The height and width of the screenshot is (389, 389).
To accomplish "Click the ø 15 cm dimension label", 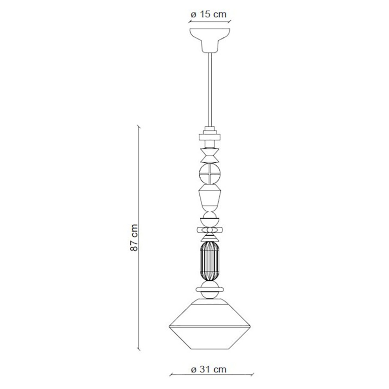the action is (208, 15).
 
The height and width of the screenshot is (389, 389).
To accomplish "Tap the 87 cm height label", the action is (134, 237).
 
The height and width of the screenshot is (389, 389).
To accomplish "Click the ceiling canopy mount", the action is (210, 41).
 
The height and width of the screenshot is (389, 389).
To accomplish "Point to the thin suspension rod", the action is (210, 89).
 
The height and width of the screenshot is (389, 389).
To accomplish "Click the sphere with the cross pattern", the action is (210, 174).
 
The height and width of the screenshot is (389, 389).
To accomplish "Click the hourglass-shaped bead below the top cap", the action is (210, 155).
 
